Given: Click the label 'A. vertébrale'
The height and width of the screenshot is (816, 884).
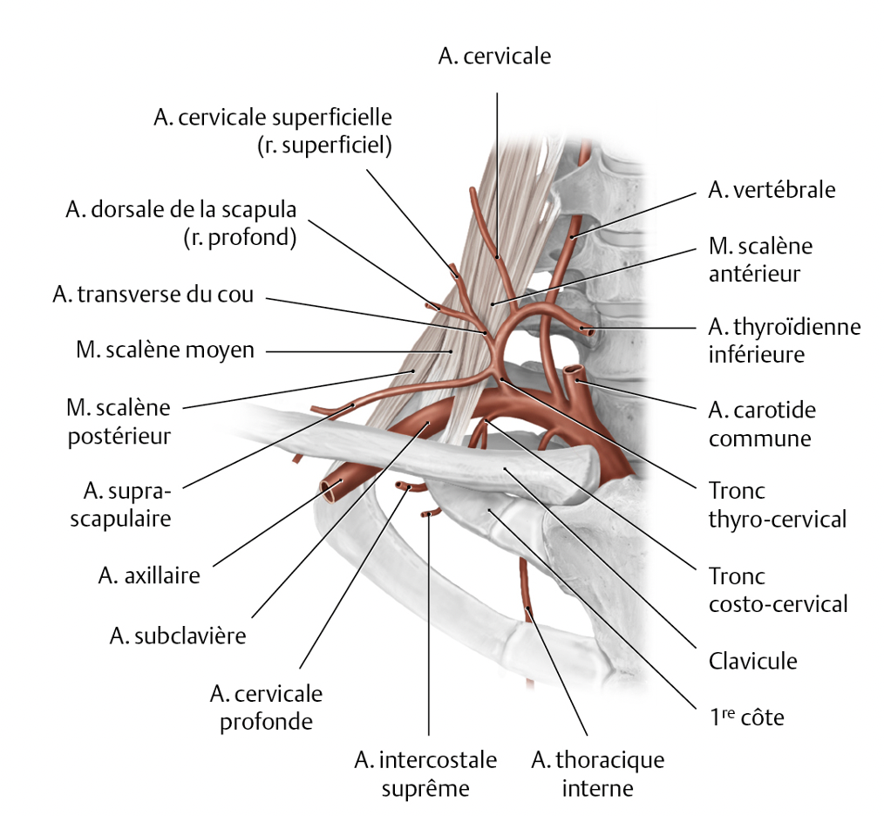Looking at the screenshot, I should pyautogui.click(x=772, y=190).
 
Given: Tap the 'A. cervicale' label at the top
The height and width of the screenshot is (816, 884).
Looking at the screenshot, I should pyautogui.click(x=495, y=57).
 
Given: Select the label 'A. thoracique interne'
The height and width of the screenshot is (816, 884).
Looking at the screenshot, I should pyautogui.click(x=597, y=774).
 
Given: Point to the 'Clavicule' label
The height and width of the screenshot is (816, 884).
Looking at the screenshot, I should pyautogui.click(x=753, y=660).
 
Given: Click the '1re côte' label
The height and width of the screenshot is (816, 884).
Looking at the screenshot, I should pyautogui.click(x=746, y=718).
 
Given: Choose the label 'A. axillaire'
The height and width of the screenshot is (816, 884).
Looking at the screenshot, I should pyautogui.click(x=149, y=575).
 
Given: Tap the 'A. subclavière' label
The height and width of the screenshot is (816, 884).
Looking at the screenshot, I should pyautogui.click(x=178, y=636).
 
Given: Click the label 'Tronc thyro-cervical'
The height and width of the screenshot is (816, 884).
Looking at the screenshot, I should pyautogui.click(x=777, y=505).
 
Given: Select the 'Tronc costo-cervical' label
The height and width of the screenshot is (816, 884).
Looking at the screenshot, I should pyautogui.click(x=778, y=589).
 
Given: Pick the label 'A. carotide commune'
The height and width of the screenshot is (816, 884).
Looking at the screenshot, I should pyautogui.click(x=762, y=423).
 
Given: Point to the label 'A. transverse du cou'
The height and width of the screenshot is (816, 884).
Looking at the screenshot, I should pyautogui.click(x=153, y=295).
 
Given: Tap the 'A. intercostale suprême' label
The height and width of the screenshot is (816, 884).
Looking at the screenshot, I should pyautogui.click(x=425, y=774).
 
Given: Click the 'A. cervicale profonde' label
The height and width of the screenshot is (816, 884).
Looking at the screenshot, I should pyautogui.click(x=266, y=708).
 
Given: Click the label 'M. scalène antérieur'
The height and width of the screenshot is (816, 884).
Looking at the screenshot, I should pyautogui.click(x=760, y=260).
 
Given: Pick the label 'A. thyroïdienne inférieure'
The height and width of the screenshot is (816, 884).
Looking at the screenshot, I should pyautogui.click(x=784, y=340).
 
